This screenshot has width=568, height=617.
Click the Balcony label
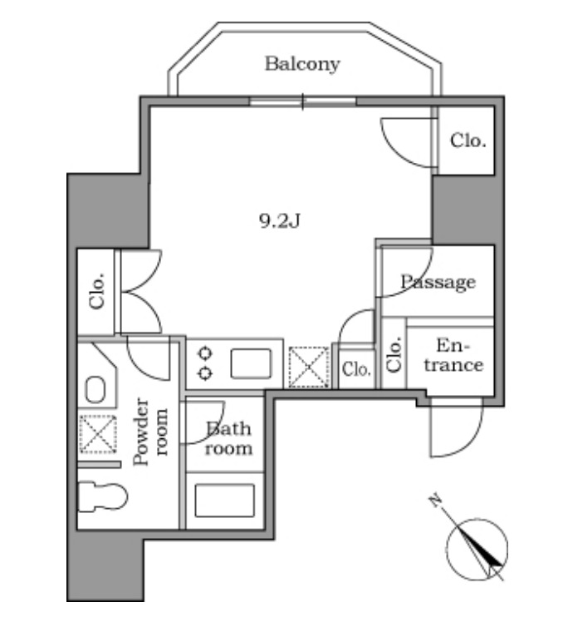pos(302,64)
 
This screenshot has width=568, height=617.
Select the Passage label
pos(438,283)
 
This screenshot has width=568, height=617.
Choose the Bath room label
pos(228,439)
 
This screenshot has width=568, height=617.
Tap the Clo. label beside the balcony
pos(468,141)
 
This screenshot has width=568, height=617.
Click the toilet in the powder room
pos(102,497)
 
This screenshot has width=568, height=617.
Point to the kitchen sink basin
pos(251,364)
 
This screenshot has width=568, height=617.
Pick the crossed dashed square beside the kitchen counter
pos(308,367)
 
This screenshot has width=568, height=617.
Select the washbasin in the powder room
pos(95,389)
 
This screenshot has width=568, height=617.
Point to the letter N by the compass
pos(434,501)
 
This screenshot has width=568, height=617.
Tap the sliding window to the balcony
pos(303,103)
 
